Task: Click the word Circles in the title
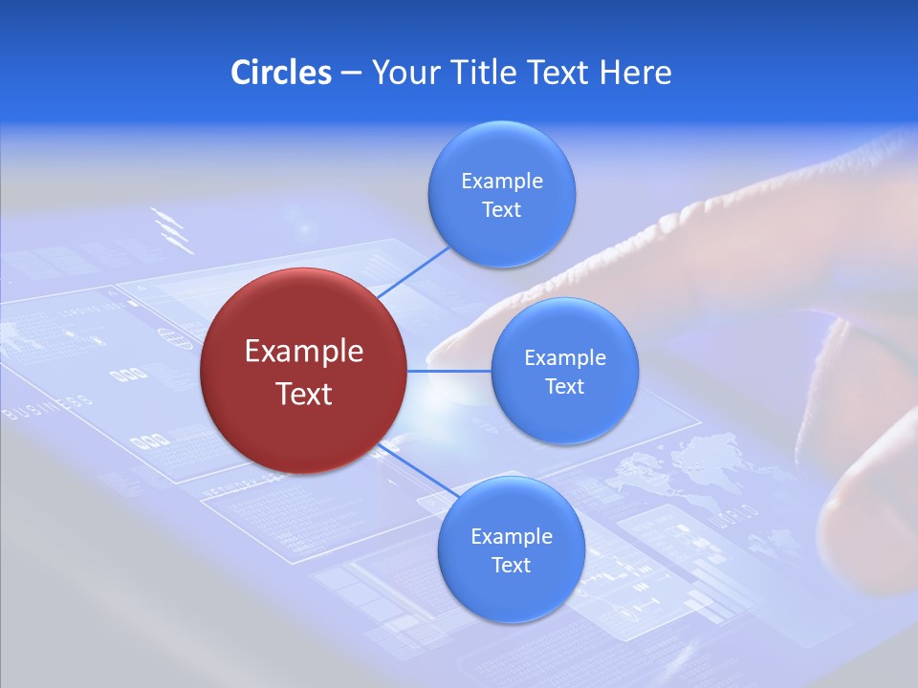pyautogui.click(x=280, y=73)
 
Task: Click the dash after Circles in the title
pyautogui.click(x=350, y=74)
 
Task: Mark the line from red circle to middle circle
pyautogui.click(x=449, y=371)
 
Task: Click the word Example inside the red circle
pyautogui.click(x=303, y=352)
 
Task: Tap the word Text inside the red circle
pyautogui.click(x=303, y=394)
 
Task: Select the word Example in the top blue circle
pyautogui.click(x=501, y=182)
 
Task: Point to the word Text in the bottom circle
pyautogui.click(x=511, y=565)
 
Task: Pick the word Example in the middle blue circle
pyautogui.click(x=564, y=358)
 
